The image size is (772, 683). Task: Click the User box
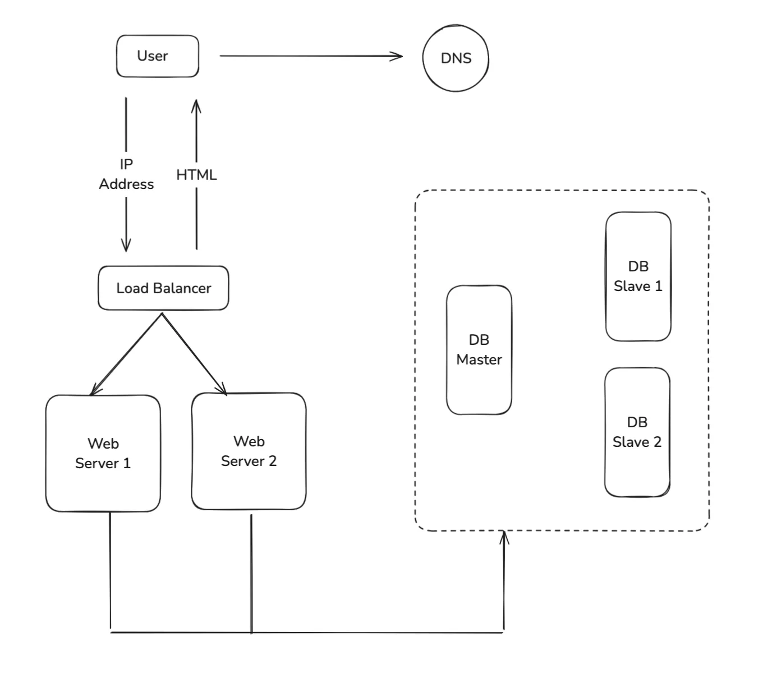pyautogui.click(x=157, y=56)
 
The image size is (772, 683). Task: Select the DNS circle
pyautogui.click(x=456, y=58)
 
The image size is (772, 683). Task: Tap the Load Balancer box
pyautogui.click(x=163, y=288)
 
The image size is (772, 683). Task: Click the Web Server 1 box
pyautogui.click(x=103, y=453)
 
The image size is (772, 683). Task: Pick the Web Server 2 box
pyautogui.click(x=249, y=451)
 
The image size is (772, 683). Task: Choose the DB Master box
pyautogui.click(x=479, y=350)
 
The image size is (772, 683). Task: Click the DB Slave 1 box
pyautogui.click(x=638, y=276)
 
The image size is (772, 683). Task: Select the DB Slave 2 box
pyautogui.click(x=637, y=432)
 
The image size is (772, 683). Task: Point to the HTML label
pyautogui.click(x=196, y=175)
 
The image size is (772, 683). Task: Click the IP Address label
pyautogui.click(x=126, y=174)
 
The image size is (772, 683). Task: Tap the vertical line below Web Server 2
pyautogui.click(x=251, y=572)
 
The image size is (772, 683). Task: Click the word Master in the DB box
pyautogui.click(x=479, y=359)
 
